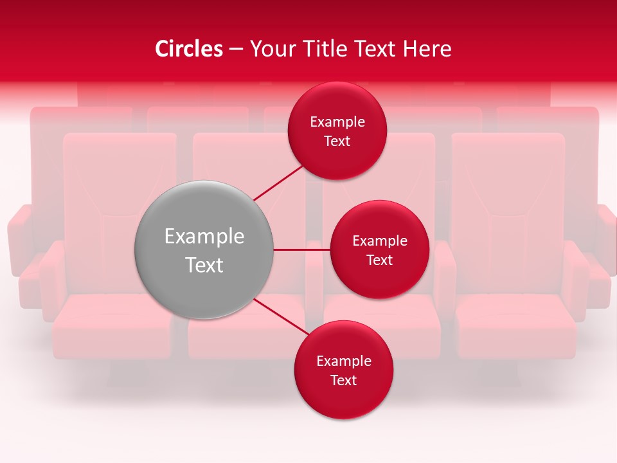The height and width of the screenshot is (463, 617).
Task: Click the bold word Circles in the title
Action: [189, 49]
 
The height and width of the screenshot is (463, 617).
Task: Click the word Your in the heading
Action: [273, 49]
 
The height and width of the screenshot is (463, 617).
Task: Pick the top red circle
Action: [337, 103]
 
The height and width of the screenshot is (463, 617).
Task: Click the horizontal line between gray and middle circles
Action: [301, 250]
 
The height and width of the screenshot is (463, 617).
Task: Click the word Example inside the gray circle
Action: [204, 237]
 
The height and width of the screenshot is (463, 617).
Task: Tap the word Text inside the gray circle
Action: [204, 265]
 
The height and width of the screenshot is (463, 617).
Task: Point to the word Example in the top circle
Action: [337, 122]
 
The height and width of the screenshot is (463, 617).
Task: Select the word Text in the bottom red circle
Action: [343, 381]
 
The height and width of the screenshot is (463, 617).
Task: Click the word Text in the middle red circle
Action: [379, 260]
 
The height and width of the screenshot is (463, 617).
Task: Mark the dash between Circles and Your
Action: [236, 49]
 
